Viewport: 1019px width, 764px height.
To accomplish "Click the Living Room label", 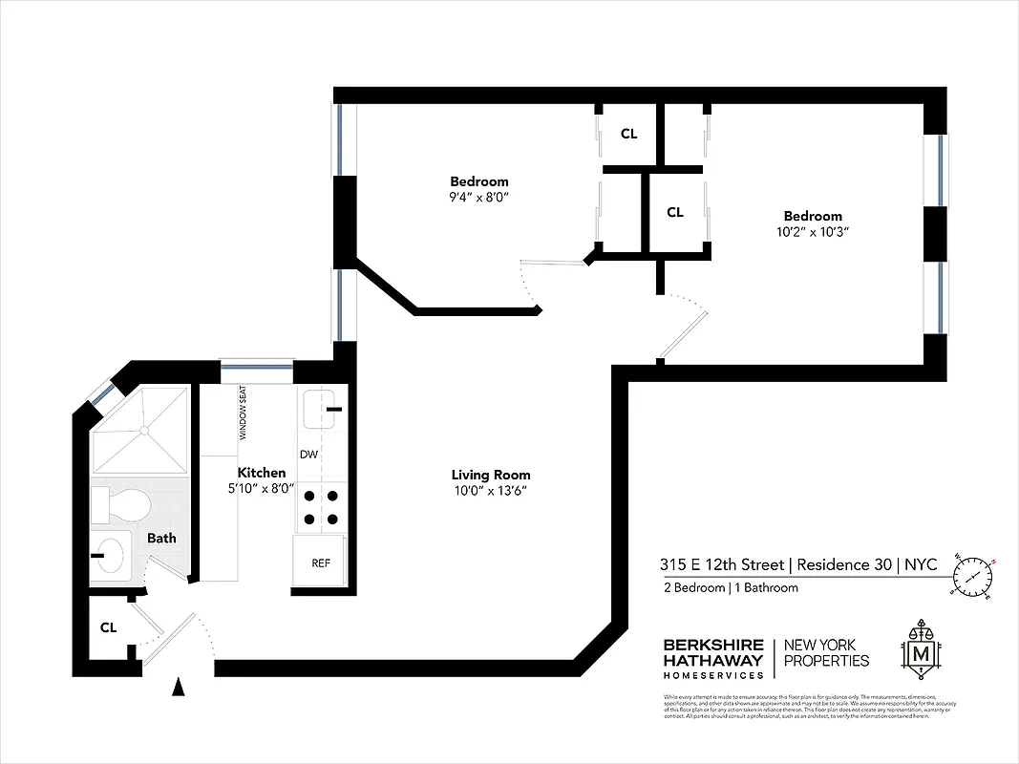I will (x=491, y=475).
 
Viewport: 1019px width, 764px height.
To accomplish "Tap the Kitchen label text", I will (x=261, y=473).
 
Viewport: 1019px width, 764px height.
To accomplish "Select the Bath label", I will (x=161, y=538).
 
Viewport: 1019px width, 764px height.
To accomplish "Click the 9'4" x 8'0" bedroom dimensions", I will (x=478, y=198).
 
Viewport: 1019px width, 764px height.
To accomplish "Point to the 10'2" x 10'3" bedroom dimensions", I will (x=813, y=232).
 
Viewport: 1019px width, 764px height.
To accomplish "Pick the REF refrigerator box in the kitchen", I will (x=321, y=562).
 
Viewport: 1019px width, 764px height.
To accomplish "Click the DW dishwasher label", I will (x=308, y=455).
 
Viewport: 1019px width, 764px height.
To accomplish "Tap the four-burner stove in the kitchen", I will (x=321, y=507).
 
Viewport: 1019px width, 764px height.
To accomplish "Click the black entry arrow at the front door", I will (x=177, y=686).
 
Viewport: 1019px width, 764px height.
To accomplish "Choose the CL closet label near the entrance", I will (x=109, y=627).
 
